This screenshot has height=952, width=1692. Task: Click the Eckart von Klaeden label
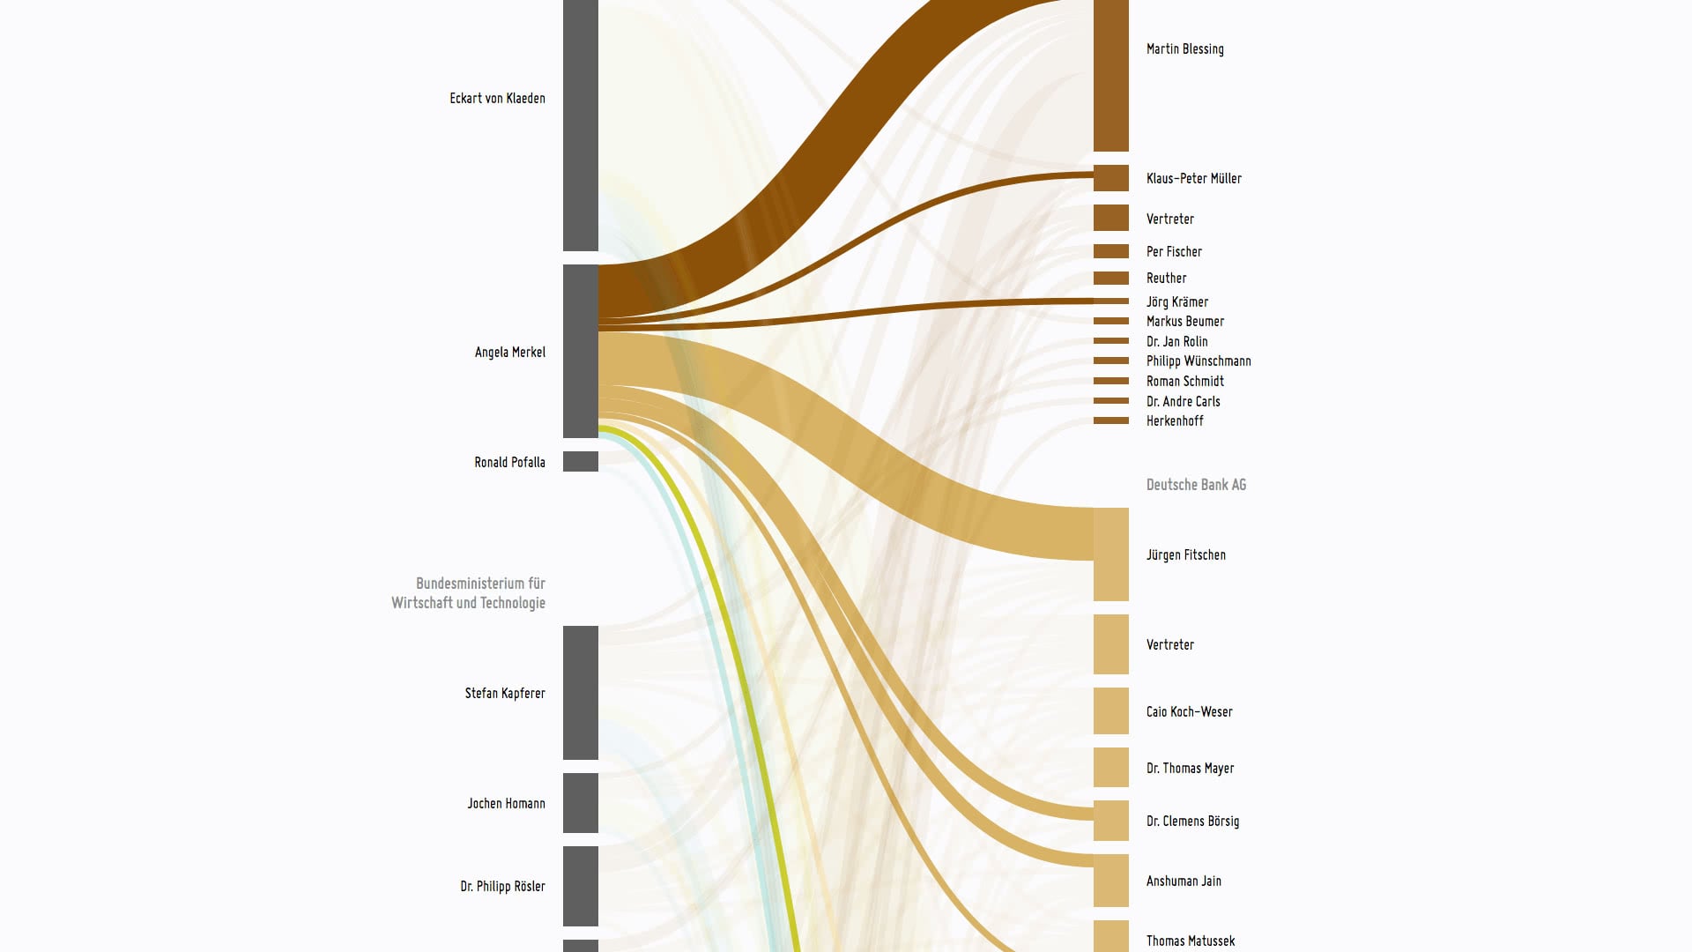coord(497,99)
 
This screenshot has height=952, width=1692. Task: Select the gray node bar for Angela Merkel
coord(580,351)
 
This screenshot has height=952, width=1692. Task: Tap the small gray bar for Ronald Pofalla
coord(580,461)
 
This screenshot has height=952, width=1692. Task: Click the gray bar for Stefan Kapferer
coord(580,693)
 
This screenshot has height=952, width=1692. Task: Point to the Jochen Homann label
coord(506,804)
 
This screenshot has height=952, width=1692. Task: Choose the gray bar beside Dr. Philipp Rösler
coord(580,886)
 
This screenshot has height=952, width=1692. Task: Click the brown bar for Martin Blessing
coord(1110,75)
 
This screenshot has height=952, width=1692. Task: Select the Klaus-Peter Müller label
coord(1193,179)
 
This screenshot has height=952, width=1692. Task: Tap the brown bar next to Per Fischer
coord(1110,251)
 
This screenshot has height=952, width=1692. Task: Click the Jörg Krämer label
coord(1176,302)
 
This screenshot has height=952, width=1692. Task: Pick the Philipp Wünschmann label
coord(1198,361)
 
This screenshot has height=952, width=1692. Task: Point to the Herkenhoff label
coord(1175,421)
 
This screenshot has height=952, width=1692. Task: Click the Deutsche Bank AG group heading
coord(1196,485)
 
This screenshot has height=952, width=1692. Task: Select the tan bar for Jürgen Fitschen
coord(1110,554)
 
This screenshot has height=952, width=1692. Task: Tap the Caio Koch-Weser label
coord(1189,712)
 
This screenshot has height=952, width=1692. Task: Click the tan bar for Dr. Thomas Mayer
coord(1110,767)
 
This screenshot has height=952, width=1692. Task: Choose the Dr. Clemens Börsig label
coord(1192,822)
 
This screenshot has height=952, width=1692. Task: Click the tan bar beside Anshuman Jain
coord(1110,881)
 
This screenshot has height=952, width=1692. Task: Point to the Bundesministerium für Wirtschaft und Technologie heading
coord(469,593)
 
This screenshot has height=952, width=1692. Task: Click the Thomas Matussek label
coord(1190,941)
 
